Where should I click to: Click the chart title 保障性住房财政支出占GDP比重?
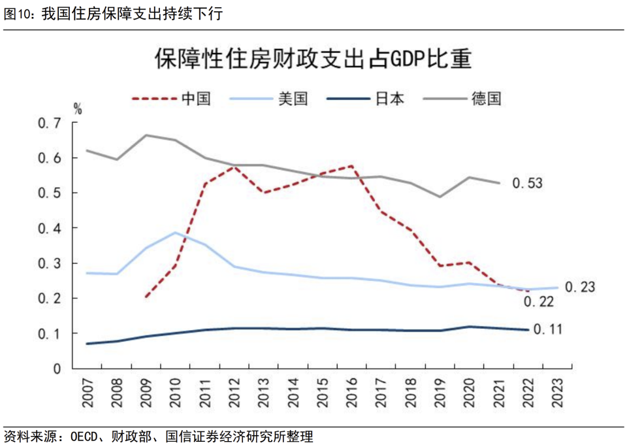point(313,59)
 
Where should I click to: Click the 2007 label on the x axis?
point(88,391)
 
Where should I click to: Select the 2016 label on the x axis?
point(352,391)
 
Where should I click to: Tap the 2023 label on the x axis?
point(558,391)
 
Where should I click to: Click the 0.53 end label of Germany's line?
point(527,184)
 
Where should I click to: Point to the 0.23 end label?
point(580,287)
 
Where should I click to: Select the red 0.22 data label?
point(538,301)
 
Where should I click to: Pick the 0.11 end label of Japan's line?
point(549,330)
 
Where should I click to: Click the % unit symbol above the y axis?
point(78,109)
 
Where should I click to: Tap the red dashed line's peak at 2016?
point(352,166)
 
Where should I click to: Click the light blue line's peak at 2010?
point(175,233)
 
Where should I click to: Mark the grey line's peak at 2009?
point(146,135)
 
